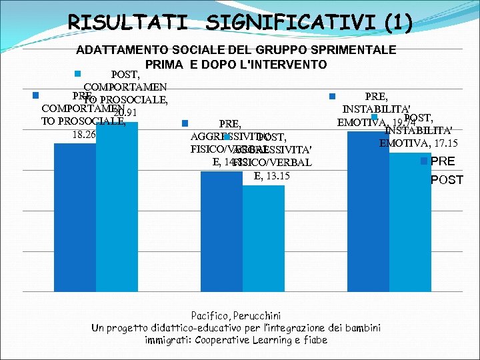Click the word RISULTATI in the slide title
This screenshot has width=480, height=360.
click(x=127, y=23)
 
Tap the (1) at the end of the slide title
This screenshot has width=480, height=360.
click(x=397, y=23)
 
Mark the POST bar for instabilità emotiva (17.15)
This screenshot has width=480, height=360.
click(x=410, y=220)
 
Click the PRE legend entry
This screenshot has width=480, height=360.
click(x=444, y=161)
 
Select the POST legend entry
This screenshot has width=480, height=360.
click(x=447, y=180)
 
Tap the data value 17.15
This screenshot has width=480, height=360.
click(x=444, y=143)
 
